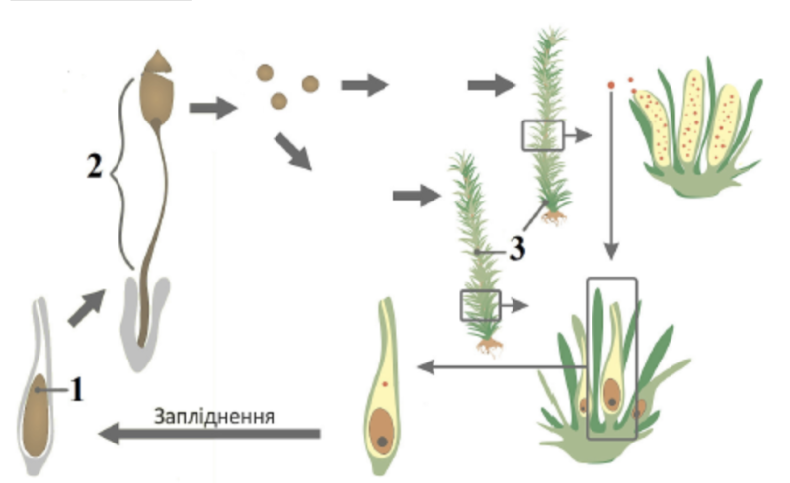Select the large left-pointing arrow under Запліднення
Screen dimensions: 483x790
(x=211, y=433)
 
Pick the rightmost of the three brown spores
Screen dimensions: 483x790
(x=310, y=84)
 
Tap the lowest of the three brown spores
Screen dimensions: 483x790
(x=278, y=100)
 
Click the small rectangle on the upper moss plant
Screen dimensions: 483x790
(x=542, y=135)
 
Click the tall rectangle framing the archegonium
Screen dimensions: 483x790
(x=611, y=358)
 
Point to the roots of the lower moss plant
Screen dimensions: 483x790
(x=489, y=346)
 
